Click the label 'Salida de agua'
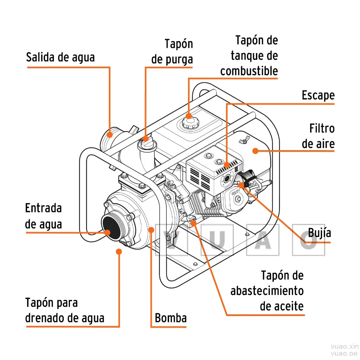[x=60, y=57]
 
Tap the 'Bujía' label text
[x=319, y=233]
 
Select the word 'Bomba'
[x=171, y=318]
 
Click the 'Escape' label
[x=318, y=95]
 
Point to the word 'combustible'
[x=249, y=71]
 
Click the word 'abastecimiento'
[x=267, y=291]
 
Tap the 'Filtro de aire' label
[x=318, y=136]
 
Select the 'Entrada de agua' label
[x=43, y=216]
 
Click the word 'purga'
[x=172, y=59]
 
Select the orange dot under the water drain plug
[x=119, y=251]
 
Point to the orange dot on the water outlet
[x=110, y=134]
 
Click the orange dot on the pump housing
[x=152, y=230]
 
